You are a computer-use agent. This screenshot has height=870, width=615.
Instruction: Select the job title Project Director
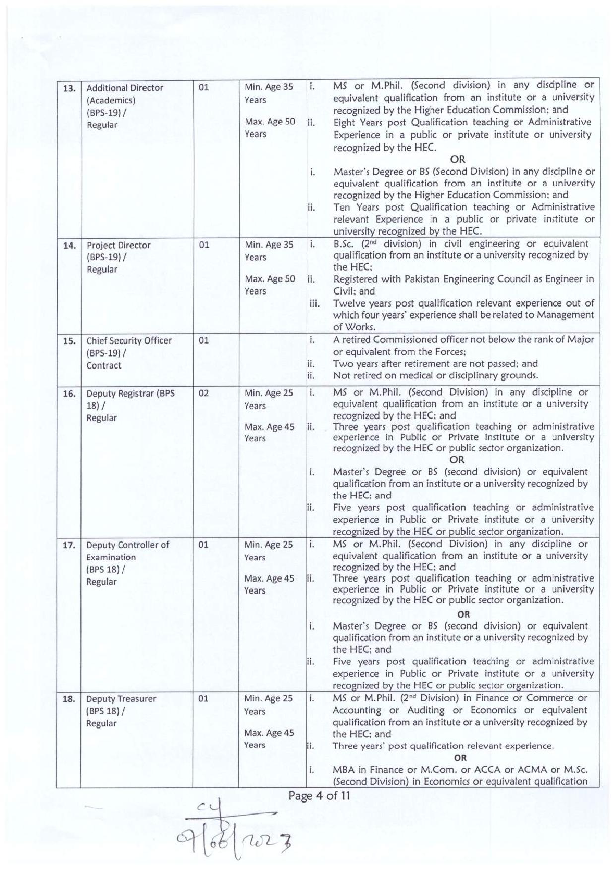(x=119, y=245)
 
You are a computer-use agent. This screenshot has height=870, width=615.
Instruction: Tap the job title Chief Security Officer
(x=129, y=341)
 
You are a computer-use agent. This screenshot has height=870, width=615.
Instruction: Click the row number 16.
(x=69, y=394)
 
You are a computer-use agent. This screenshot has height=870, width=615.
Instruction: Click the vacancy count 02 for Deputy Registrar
(x=204, y=393)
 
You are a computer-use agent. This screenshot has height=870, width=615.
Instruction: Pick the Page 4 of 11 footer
(x=319, y=796)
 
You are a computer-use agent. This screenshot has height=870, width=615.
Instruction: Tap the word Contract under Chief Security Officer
(x=104, y=366)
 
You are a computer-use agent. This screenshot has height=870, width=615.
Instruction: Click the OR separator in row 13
(x=457, y=159)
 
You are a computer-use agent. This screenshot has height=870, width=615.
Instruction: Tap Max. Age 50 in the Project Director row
(x=269, y=279)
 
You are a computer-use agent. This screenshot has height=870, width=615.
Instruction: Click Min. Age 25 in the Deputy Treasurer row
(x=268, y=698)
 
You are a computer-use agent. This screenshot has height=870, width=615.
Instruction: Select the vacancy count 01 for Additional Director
(x=204, y=87)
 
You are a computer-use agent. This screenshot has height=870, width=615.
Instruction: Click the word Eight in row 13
(x=344, y=122)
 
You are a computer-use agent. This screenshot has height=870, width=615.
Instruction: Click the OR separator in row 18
(x=460, y=758)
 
